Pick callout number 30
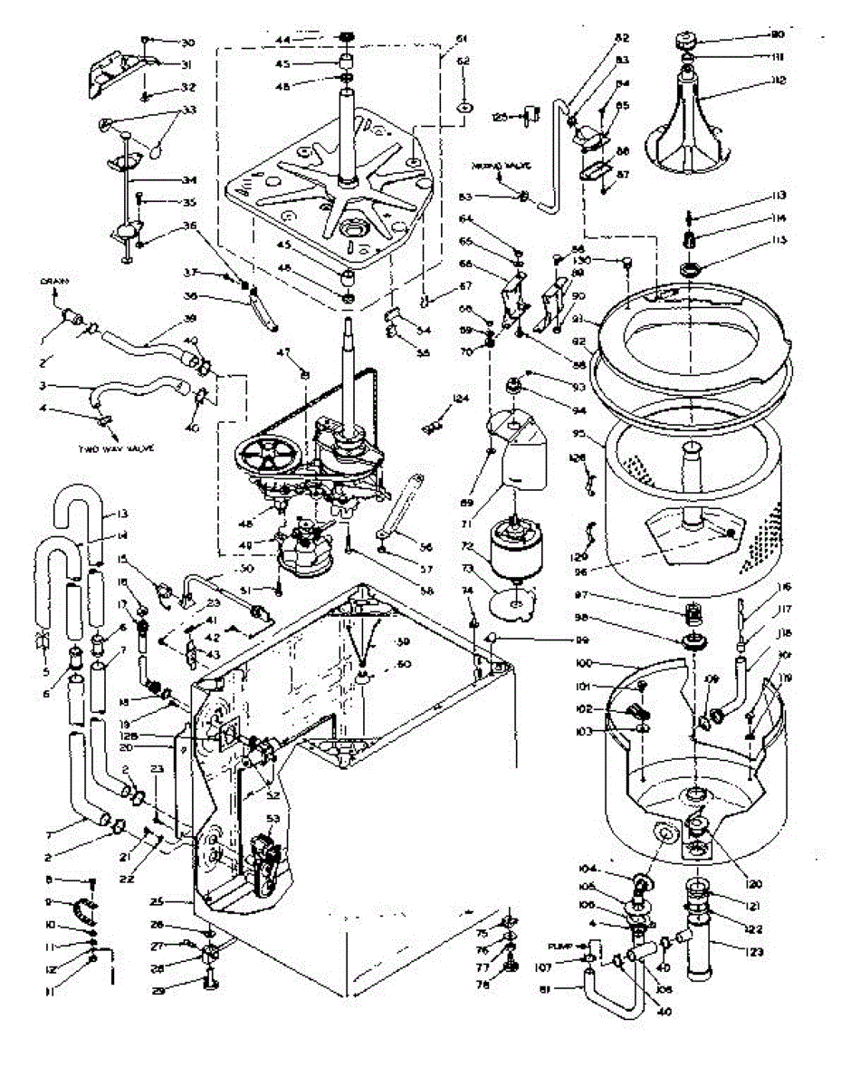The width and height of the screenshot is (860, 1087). click(186, 43)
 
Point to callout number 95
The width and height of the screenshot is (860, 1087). click(595, 444)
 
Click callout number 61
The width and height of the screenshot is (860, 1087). click(461, 39)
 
